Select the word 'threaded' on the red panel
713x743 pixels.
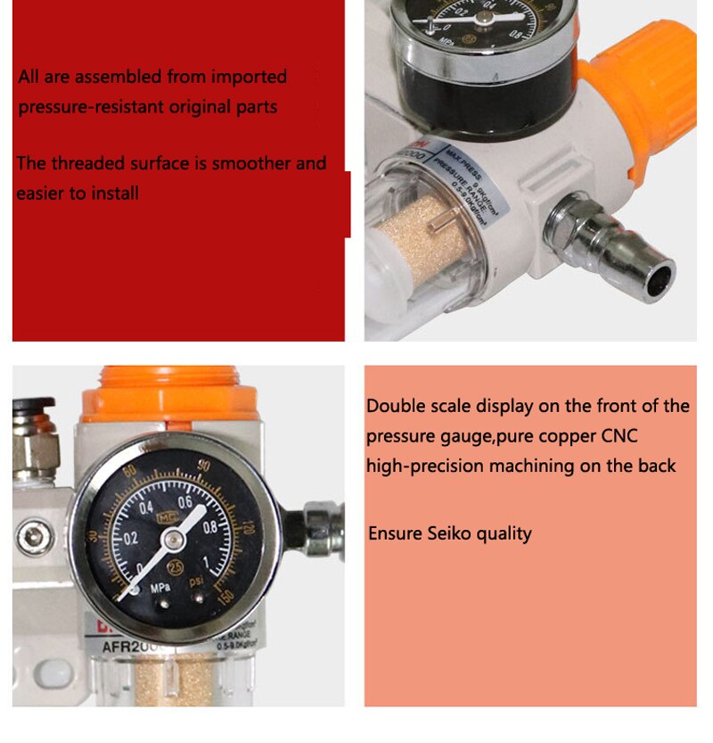[x=106, y=163]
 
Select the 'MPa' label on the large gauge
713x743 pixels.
[x=160, y=590]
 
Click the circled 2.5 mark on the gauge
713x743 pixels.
[x=178, y=569]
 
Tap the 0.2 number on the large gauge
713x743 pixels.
[x=131, y=539]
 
